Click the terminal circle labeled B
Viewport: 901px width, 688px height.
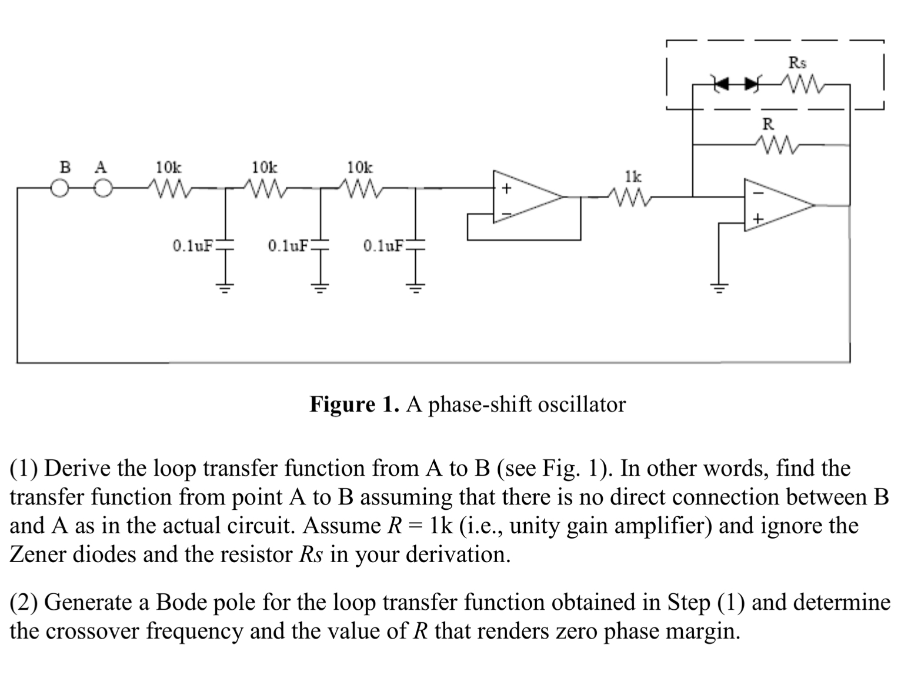(x=59, y=189)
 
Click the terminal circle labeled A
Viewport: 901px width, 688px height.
(x=103, y=189)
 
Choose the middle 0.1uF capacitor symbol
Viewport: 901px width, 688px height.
(x=321, y=245)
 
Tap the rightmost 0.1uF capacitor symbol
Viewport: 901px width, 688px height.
(x=416, y=245)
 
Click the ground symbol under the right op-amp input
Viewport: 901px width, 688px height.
(x=718, y=287)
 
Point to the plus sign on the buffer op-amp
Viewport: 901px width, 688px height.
(x=504, y=189)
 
